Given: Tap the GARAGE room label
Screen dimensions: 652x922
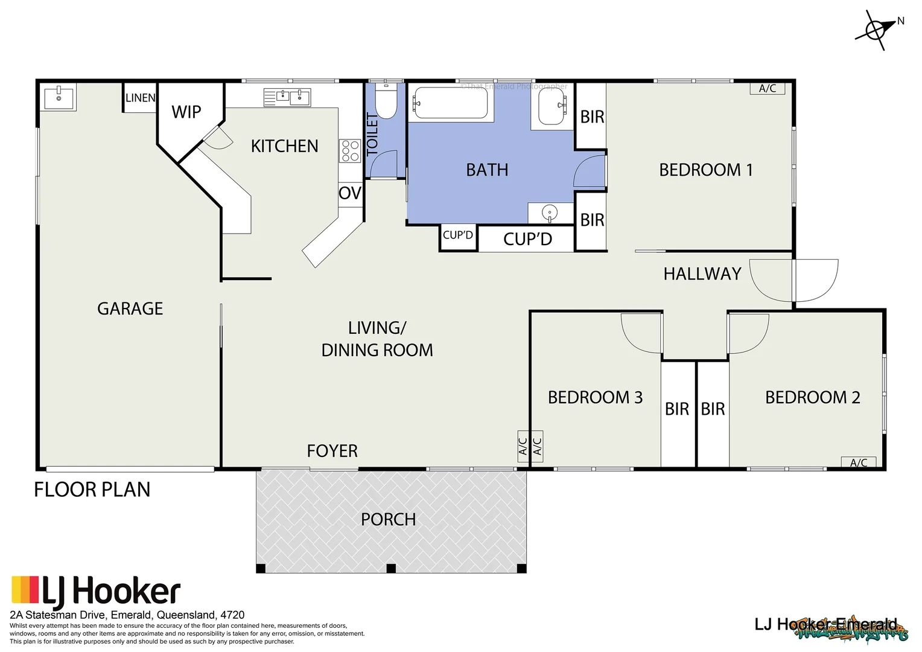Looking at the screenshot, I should click(x=130, y=308).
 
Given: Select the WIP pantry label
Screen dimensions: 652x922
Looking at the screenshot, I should click(x=186, y=112).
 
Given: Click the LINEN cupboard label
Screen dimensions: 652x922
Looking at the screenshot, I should click(x=140, y=98).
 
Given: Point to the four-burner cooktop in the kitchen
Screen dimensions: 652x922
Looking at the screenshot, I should click(x=350, y=151).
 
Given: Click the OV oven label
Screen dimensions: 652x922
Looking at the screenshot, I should click(x=350, y=193).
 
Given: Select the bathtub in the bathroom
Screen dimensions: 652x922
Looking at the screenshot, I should click(x=450, y=103).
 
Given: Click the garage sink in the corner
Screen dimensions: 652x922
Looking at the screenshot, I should click(x=59, y=98).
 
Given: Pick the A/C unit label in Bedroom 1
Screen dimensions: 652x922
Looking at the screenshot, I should click(x=768, y=89).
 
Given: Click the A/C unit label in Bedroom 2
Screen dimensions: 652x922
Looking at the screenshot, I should click(x=859, y=462).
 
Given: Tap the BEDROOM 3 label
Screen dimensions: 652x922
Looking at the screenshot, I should click(x=595, y=397).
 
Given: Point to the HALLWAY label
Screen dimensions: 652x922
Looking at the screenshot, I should click(x=702, y=274).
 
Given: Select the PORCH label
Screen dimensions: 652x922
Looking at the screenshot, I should click(x=388, y=519).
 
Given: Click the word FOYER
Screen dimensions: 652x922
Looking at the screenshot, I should click(x=332, y=451).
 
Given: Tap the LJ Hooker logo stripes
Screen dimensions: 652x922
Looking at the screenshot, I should click(x=25, y=590).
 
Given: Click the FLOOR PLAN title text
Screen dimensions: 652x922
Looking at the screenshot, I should click(x=92, y=490).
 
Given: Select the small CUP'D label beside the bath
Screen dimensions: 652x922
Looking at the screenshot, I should click(x=458, y=235).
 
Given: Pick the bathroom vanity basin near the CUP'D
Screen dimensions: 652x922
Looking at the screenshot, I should click(x=550, y=213).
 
